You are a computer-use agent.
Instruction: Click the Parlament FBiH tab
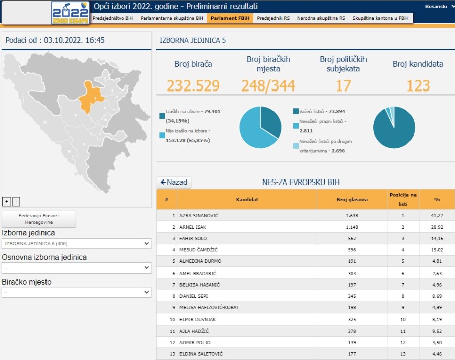coord(230,18)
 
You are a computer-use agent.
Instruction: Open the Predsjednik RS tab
coord(273,18)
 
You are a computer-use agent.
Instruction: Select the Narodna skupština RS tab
coord(321,18)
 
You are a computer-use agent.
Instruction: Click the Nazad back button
coord(174,182)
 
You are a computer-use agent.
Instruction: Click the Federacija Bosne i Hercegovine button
coord(39,219)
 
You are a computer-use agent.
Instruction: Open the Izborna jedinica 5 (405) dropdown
coord(76,244)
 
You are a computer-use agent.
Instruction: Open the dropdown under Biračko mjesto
coord(76,292)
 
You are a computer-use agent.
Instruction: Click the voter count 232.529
coord(193,85)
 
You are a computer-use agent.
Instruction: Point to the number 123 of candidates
coord(418,85)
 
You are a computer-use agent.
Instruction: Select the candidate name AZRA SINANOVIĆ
coord(199,215)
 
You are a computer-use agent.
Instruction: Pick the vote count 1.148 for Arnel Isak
coord(352,227)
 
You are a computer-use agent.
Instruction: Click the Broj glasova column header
coord(352,199)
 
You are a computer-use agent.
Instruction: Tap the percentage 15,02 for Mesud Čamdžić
coord(437,250)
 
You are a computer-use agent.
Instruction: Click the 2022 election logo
coord(70,13)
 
